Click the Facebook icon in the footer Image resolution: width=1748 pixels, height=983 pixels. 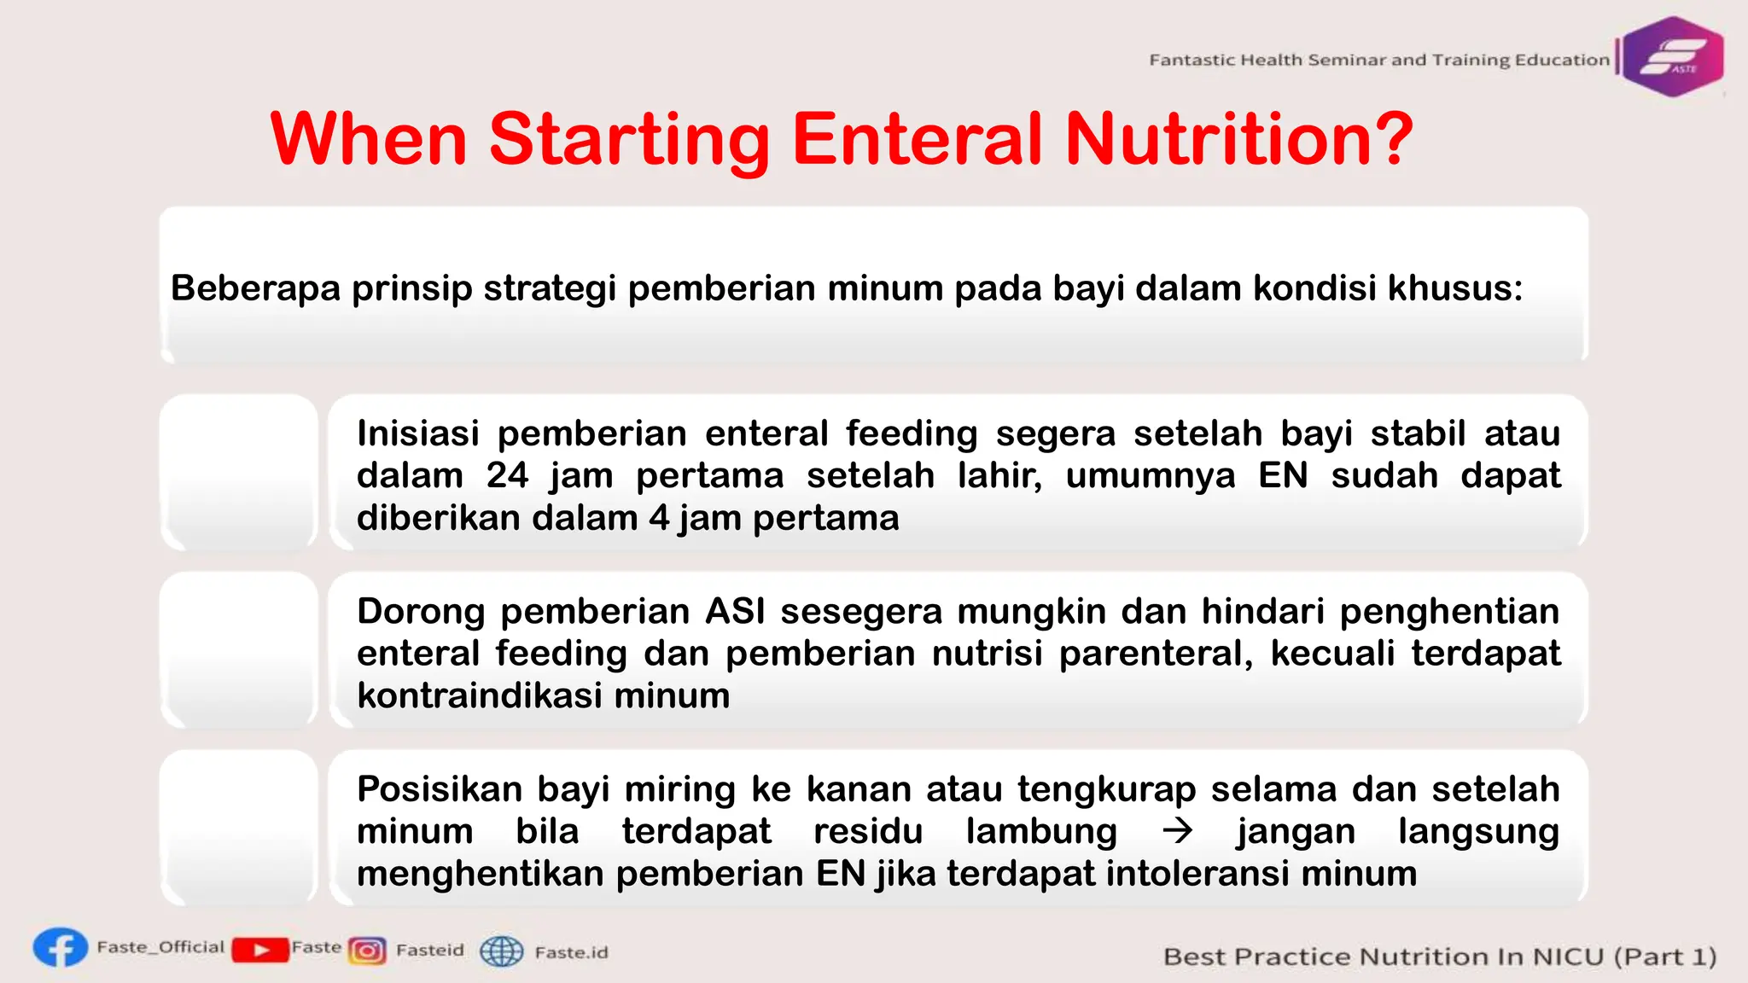pos(61,948)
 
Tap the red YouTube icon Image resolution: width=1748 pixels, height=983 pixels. pos(259,950)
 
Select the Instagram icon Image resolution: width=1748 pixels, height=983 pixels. pos(368,951)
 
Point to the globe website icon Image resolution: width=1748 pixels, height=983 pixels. pos(501,951)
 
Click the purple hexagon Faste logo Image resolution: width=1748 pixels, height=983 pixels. pos(1672,57)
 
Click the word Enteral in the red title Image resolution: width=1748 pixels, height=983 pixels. pos(918,139)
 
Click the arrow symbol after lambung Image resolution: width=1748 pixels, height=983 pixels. pos(1178,831)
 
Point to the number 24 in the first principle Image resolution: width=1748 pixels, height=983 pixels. pos(507,476)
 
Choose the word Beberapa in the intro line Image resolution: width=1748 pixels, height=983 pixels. pos(255,288)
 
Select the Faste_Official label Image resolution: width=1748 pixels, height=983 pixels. pos(160,947)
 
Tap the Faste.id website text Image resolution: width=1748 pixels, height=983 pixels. pos(571,952)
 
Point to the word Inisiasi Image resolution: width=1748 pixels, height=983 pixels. pos(417,434)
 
